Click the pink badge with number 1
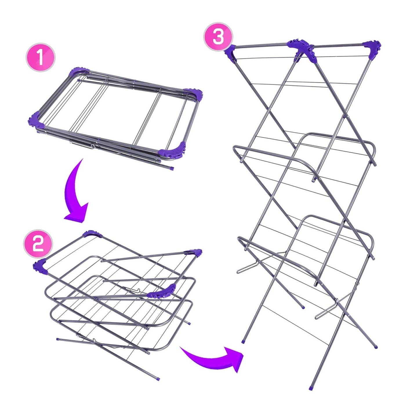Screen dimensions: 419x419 pos(40,58)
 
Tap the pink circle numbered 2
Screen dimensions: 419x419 pos(38,244)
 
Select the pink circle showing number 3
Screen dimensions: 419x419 pos(218,37)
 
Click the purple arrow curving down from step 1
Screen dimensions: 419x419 pos(75,191)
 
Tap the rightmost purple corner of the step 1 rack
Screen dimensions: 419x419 pos(193,94)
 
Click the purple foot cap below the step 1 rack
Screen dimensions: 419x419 pos(172,168)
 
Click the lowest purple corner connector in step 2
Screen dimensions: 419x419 pos(162,291)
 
